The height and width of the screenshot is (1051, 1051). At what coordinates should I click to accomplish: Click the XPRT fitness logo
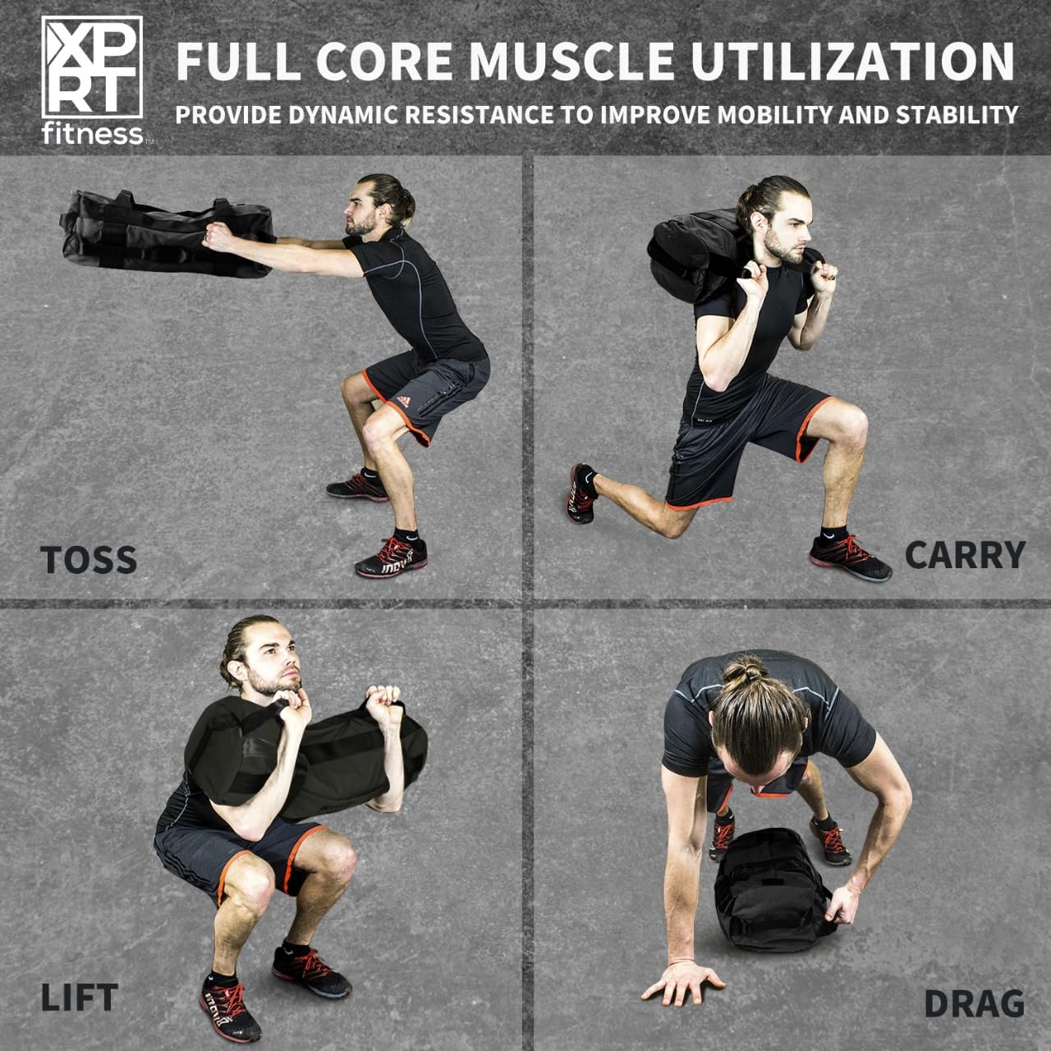94,80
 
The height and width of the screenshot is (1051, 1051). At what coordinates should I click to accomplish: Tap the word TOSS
89,560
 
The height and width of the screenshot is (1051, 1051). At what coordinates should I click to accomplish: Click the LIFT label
80,998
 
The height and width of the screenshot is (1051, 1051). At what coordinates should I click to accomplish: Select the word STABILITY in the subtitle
957,114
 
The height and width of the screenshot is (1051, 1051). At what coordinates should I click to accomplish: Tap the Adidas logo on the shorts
403,401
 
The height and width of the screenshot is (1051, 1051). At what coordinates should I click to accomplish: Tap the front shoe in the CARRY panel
850,558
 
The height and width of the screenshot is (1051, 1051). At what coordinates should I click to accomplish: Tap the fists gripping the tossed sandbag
219,236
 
